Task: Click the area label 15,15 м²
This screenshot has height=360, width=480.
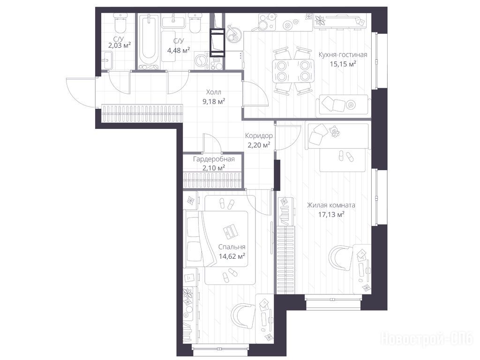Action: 343,64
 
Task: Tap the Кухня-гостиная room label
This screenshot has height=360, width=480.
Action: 343,55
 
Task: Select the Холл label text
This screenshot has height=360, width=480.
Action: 214,92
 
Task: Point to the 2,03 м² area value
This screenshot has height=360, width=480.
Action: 120,45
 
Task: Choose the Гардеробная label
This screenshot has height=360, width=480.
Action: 214,159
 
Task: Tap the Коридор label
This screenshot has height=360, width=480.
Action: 259,135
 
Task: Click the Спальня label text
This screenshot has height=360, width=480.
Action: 232,247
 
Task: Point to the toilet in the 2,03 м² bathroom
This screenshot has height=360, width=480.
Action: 120,23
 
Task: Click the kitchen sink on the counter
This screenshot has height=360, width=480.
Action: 234,33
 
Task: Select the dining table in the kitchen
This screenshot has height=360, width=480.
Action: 293,71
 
